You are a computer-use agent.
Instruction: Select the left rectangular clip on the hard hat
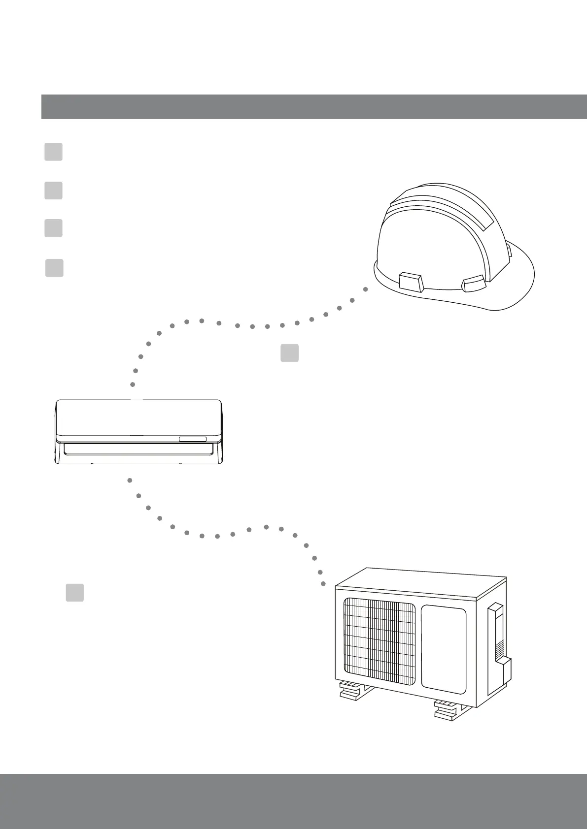[x=410, y=283]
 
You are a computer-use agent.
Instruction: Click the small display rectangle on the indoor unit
[x=192, y=439]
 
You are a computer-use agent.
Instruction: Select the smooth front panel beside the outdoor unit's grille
[x=444, y=650]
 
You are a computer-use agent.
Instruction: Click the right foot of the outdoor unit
[x=449, y=709]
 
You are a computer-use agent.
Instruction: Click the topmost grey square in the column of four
[x=53, y=152]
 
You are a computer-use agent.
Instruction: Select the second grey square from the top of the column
[x=53, y=190]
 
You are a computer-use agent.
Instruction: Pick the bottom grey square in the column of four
[x=54, y=268]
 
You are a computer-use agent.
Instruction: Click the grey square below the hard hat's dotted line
[x=289, y=353]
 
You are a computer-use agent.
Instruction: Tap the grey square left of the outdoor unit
[x=74, y=592]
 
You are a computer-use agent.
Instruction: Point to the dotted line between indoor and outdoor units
[x=217, y=535]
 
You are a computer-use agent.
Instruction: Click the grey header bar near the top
[x=314, y=106]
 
